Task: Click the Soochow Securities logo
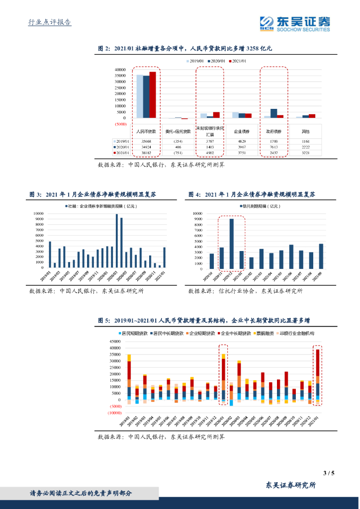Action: point(295,23)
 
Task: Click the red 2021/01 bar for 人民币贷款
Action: point(153,94)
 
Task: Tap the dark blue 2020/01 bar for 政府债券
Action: point(273,113)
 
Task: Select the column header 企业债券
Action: point(242,132)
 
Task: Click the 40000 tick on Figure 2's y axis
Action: point(120,70)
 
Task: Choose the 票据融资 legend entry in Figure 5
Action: point(264,334)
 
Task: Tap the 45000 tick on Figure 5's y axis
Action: point(114,342)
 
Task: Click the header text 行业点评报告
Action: point(49,22)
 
